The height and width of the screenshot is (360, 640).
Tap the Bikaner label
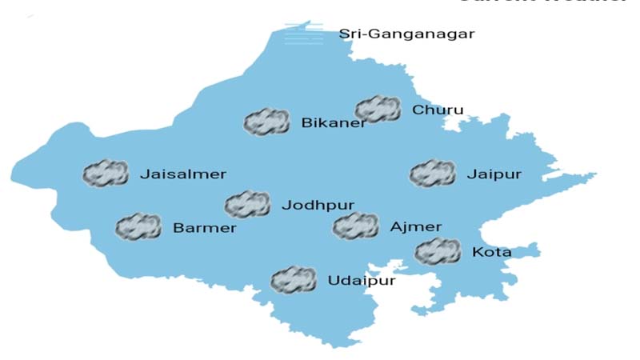click(x=334, y=123)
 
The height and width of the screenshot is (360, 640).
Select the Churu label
click(x=438, y=110)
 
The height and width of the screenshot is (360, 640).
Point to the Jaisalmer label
click(x=183, y=174)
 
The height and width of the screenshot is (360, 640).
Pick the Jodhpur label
click(x=318, y=206)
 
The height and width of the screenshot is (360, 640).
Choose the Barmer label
click(x=205, y=228)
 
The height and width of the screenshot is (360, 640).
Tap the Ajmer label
click(x=415, y=227)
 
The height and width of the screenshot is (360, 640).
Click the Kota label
click(x=492, y=253)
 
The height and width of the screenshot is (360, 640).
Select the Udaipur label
click(x=361, y=281)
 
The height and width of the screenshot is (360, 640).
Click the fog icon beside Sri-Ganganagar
click(x=306, y=34)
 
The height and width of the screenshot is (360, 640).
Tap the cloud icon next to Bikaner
click(x=266, y=122)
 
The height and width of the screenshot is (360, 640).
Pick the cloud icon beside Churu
click(x=378, y=109)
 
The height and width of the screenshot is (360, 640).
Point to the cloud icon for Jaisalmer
click(x=106, y=173)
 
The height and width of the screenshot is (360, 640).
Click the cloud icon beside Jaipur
click(x=432, y=173)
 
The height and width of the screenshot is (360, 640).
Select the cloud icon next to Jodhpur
click(x=247, y=205)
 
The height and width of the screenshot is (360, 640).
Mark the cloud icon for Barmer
click(x=138, y=227)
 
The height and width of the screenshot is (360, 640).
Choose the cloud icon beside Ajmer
click(x=355, y=226)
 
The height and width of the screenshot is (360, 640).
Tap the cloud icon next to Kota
click(x=438, y=252)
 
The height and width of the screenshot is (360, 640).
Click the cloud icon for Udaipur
click(x=294, y=280)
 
